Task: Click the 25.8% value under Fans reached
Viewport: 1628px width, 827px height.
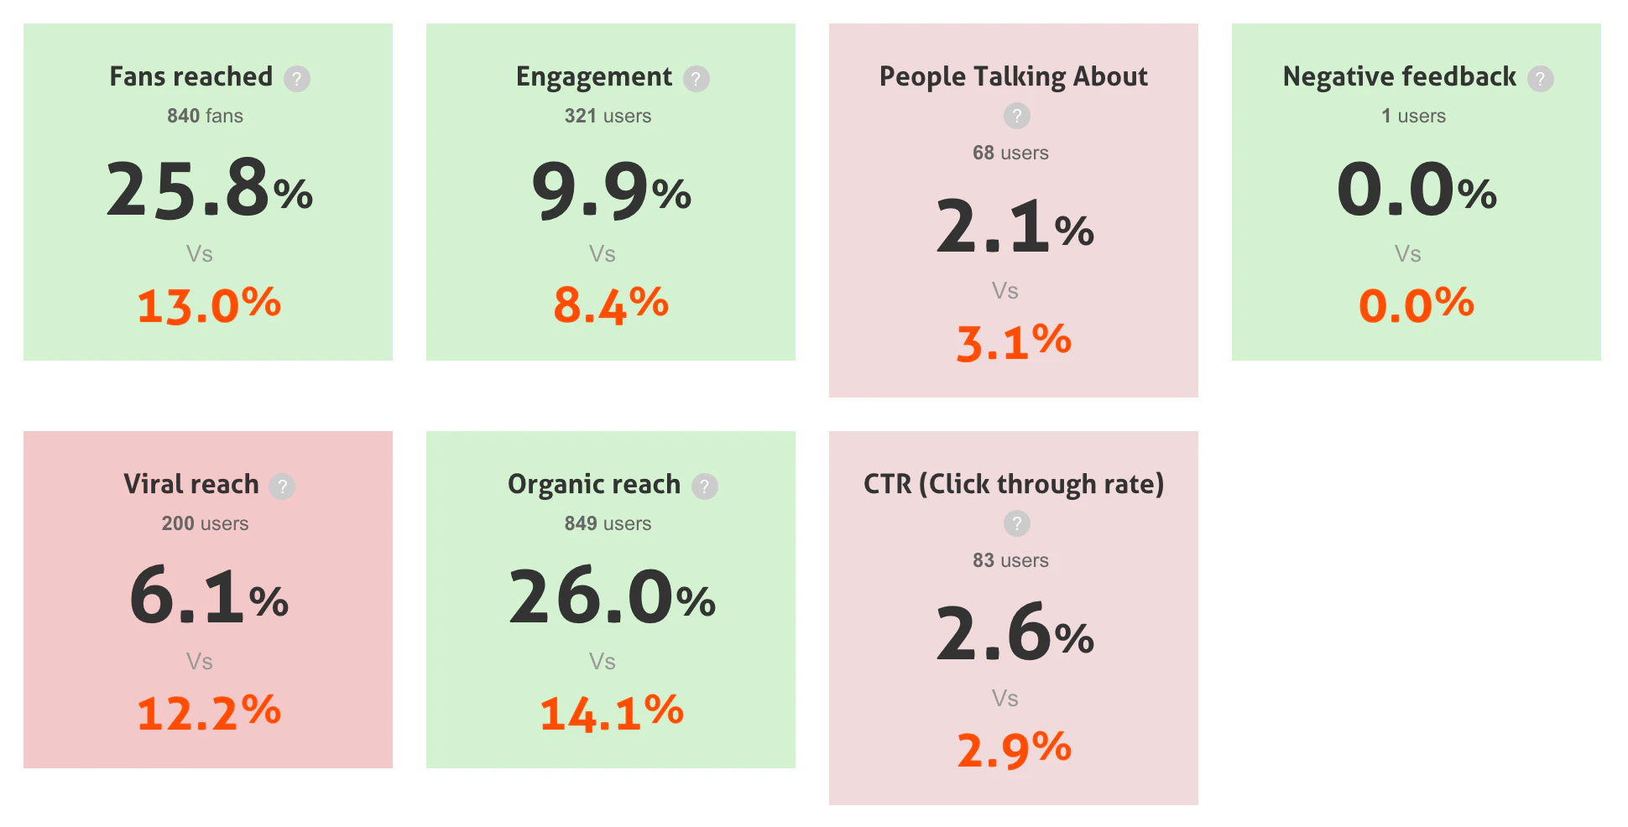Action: (209, 190)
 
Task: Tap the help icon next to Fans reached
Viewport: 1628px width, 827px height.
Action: (297, 79)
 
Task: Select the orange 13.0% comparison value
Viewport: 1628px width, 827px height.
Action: (209, 304)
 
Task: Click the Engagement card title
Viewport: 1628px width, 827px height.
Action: (593, 77)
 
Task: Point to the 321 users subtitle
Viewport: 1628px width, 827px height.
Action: (608, 116)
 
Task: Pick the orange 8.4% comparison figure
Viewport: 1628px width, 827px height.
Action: (611, 304)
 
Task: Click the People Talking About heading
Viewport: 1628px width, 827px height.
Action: (1013, 77)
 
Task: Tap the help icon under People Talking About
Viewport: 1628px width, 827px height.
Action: (1016, 116)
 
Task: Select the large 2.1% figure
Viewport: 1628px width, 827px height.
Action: (1015, 227)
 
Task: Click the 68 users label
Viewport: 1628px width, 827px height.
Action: (1010, 153)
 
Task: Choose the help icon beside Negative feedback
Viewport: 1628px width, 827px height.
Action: (1540, 79)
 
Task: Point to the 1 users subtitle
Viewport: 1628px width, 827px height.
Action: (1413, 116)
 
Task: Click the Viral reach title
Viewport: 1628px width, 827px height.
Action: (191, 485)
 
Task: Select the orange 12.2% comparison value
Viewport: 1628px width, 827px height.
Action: (209, 712)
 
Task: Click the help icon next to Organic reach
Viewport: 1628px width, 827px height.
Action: (705, 486)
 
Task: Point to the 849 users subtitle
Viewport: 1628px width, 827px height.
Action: (608, 523)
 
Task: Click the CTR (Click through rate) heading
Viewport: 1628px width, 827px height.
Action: (1013, 485)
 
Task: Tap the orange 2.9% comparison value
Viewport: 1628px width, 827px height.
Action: (1014, 749)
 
